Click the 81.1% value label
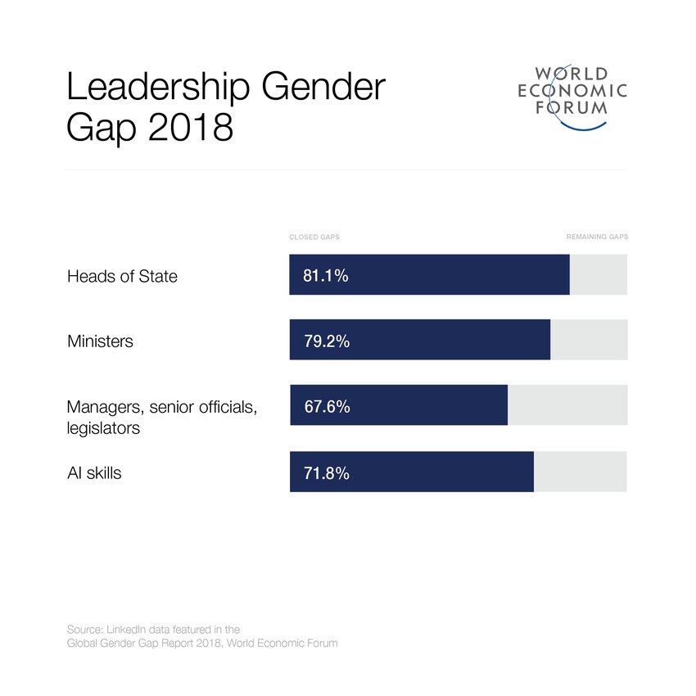(x=326, y=276)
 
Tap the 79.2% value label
(x=327, y=341)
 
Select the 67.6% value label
(x=327, y=406)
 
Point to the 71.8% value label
(x=327, y=472)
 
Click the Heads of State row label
(x=122, y=276)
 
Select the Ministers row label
(x=100, y=341)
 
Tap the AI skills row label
(x=94, y=472)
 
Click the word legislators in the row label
(x=103, y=428)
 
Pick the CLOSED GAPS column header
(x=314, y=237)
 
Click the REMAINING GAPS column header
(x=597, y=237)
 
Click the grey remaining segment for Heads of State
(x=598, y=275)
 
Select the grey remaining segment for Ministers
(x=588, y=340)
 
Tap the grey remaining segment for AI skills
(x=580, y=472)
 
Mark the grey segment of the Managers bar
(x=567, y=405)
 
